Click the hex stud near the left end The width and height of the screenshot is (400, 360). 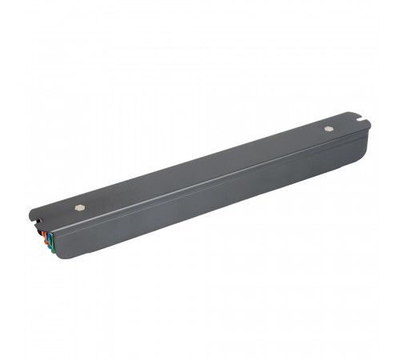(x=79, y=205)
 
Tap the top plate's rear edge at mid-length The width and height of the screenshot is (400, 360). (x=200, y=152)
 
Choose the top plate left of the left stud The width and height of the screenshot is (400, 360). (x=56, y=212)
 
